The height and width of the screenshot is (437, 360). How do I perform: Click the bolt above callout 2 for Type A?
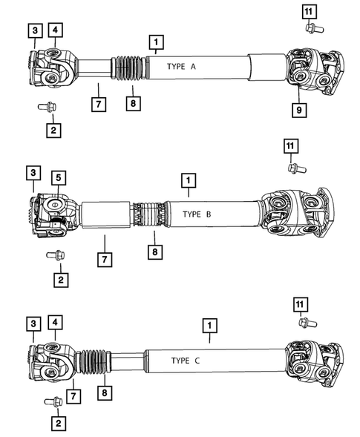pyautogui.click(x=46, y=107)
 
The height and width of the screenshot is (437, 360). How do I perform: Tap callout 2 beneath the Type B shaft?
pyautogui.click(x=58, y=280)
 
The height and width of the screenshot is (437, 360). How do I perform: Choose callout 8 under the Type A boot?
pyautogui.click(x=131, y=104)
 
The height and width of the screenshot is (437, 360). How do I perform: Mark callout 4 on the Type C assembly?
pyautogui.click(x=56, y=323)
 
